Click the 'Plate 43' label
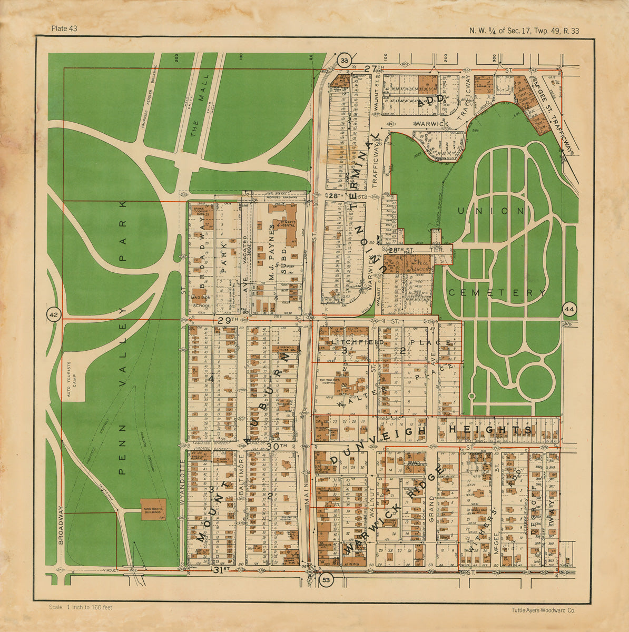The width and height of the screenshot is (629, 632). pos(64,28)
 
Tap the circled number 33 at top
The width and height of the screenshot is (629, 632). pos(344,61)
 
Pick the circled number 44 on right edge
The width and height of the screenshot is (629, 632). pos(569,309)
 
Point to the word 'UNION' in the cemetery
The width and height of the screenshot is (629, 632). pos(490,211)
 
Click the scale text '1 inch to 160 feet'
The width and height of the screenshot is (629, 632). pos(80,607)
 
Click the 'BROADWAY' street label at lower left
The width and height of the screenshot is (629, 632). pos(61,525)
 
